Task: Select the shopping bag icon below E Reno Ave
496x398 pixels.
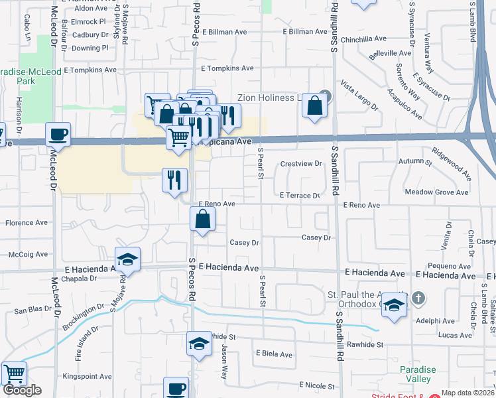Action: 203,220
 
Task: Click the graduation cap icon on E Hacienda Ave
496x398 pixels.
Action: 128,260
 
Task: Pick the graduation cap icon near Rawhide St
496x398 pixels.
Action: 198,344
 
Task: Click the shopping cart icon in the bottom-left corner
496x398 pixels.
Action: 14,374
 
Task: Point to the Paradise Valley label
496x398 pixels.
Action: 418,374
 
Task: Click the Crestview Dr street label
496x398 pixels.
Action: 300,163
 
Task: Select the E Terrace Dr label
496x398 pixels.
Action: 299,196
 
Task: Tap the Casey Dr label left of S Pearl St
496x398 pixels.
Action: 244,243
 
